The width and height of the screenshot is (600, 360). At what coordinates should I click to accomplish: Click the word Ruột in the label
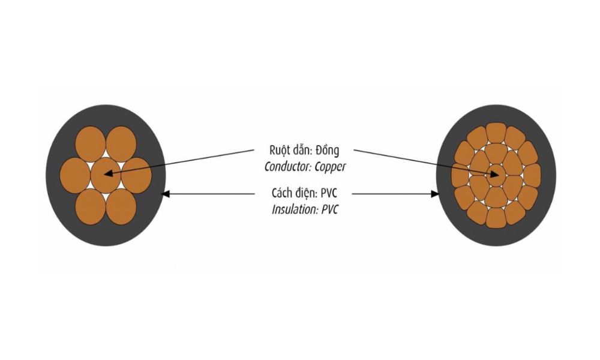point(280,151)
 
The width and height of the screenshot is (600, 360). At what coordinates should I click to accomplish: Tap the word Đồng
point(328,150)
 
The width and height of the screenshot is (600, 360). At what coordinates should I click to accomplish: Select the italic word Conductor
point(288,167)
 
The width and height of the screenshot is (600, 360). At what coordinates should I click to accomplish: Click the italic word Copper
point(331,167)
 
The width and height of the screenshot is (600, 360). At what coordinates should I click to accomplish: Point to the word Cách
point(283,193)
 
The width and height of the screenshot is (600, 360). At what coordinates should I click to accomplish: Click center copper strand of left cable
point(106,175)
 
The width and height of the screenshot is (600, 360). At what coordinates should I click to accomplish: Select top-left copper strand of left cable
point(91,144)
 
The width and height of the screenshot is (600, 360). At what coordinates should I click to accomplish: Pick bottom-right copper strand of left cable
point(121,206)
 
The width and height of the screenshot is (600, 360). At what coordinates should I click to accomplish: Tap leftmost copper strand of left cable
point(75,176)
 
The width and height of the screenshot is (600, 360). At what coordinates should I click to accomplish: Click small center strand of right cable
point(496,175)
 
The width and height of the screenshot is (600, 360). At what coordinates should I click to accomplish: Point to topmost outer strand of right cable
point(496,133)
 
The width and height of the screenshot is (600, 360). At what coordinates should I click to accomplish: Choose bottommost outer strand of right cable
point(496,218)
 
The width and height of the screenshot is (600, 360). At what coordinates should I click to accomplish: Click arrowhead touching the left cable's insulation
point(166,194)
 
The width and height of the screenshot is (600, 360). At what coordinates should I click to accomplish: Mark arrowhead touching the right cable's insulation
point(435,194)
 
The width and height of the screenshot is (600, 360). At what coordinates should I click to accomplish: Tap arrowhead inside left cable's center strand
point(108,173)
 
